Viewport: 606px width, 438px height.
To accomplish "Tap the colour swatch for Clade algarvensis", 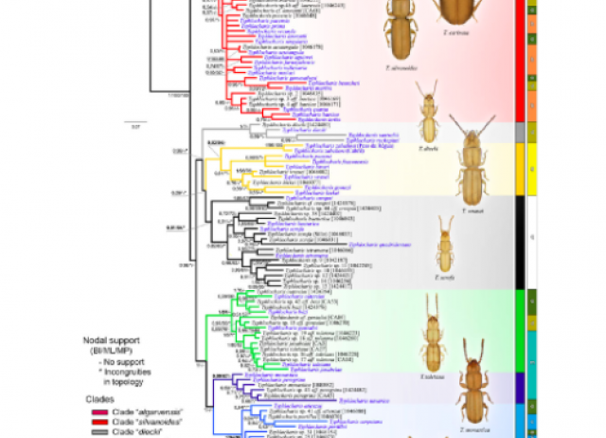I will pos(95,412).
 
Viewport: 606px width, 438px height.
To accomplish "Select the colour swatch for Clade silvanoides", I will pos(95,422).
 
